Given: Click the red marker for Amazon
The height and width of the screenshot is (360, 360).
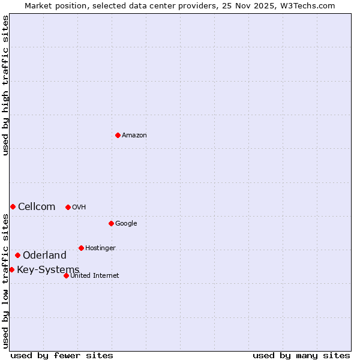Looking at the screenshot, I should [x=118, y=135].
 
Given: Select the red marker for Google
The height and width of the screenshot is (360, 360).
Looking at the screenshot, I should [x=111, y=223].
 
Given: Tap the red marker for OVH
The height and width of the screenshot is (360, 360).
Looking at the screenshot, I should [x=68, y=207].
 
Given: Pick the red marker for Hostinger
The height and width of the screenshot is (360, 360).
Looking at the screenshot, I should [x=81, y=248].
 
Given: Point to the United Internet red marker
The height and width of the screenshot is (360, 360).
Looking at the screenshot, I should [x=66, y=275].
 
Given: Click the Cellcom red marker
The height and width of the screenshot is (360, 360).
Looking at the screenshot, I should [x=13, y=206].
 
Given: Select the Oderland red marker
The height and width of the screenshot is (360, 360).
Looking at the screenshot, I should [x=17, y=255].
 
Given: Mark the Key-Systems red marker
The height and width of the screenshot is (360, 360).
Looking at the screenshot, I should [x=11, y=269].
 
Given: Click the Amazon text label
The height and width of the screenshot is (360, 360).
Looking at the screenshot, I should [x=134, y=136].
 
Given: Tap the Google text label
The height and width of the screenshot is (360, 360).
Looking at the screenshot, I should [x=126, y=224].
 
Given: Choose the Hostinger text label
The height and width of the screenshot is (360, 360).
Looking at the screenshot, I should [x=100, y=248].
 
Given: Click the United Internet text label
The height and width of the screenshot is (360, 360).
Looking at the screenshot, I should [x=95, y=276].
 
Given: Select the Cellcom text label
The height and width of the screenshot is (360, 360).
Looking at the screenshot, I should [x=37, y=207].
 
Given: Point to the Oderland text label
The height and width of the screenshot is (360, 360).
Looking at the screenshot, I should [x=44, y=256].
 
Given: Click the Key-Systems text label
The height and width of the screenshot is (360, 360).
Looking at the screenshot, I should [x=48, y=270].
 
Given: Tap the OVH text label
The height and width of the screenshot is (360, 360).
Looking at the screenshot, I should [x=79, y=208].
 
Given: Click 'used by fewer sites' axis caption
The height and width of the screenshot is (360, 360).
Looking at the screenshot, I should [x=62, y=355].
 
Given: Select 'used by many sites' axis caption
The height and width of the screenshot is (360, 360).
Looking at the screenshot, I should [x=301, y=355].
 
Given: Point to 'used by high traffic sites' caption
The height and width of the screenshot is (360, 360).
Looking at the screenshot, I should [x=5, y=85].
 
